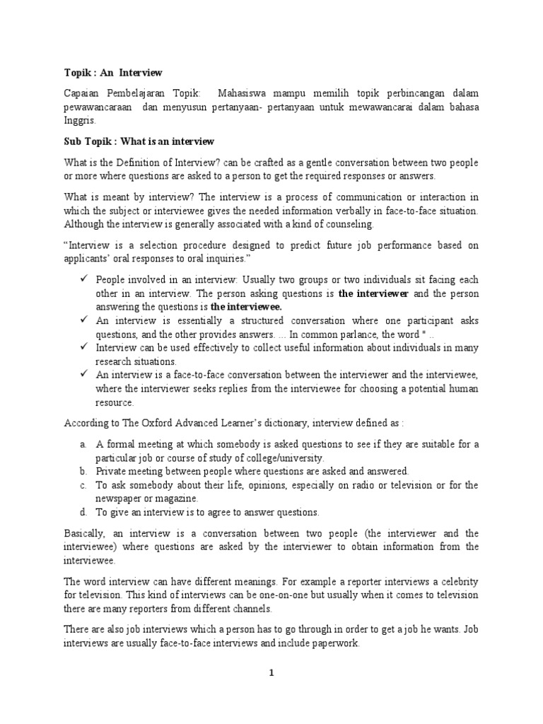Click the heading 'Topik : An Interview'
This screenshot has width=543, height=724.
tap(113, 73)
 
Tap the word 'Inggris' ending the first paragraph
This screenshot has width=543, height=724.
tap(79, 120)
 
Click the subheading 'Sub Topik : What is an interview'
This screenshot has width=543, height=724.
tap(139, 141)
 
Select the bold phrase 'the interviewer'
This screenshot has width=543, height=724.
tap(373, 293)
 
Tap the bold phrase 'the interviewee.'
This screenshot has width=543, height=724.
tap(245, 307)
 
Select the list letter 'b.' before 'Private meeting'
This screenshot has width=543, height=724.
tap(83, 471)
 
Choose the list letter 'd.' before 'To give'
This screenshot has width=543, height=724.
tap(83, 512)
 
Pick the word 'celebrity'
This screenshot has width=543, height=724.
tap(457, 581)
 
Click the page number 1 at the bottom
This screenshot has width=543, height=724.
tap(271, 673)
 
